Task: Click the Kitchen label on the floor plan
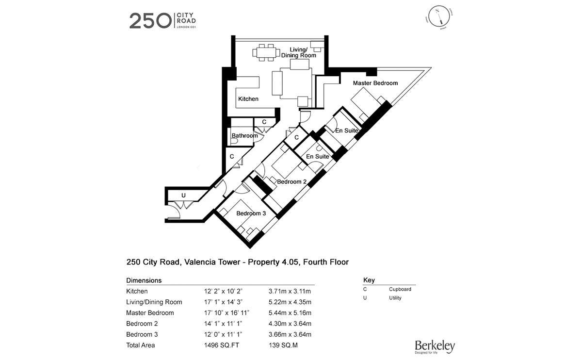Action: pyautogui.click(x=248, y=99)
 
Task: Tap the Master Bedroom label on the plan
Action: pyautogui.click(x=375, y=83)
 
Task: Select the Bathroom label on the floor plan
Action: pyautogui.click(x=244, y=136)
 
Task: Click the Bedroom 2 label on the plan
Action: pyautogui.click(x=291, y=181)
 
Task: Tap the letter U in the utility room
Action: pyautogui.click(x=183, y=196)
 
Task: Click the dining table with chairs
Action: pyautogui.click(x=265, y=52)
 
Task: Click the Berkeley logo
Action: pyautogui.click(x=435, y=346)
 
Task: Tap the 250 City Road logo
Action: pyautogui.click(x=162, y=21)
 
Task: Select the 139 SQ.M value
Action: pyautogui.click(x=284, y=345)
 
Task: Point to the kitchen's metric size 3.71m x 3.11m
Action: pyautogui.click(x=289, y=292)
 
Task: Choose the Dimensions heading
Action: pyautogui.click(x=144, y=280)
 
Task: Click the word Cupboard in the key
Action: pyautogui.click(x=400, y=289)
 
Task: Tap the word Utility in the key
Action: pyautogui.click(x=395, y=298)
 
